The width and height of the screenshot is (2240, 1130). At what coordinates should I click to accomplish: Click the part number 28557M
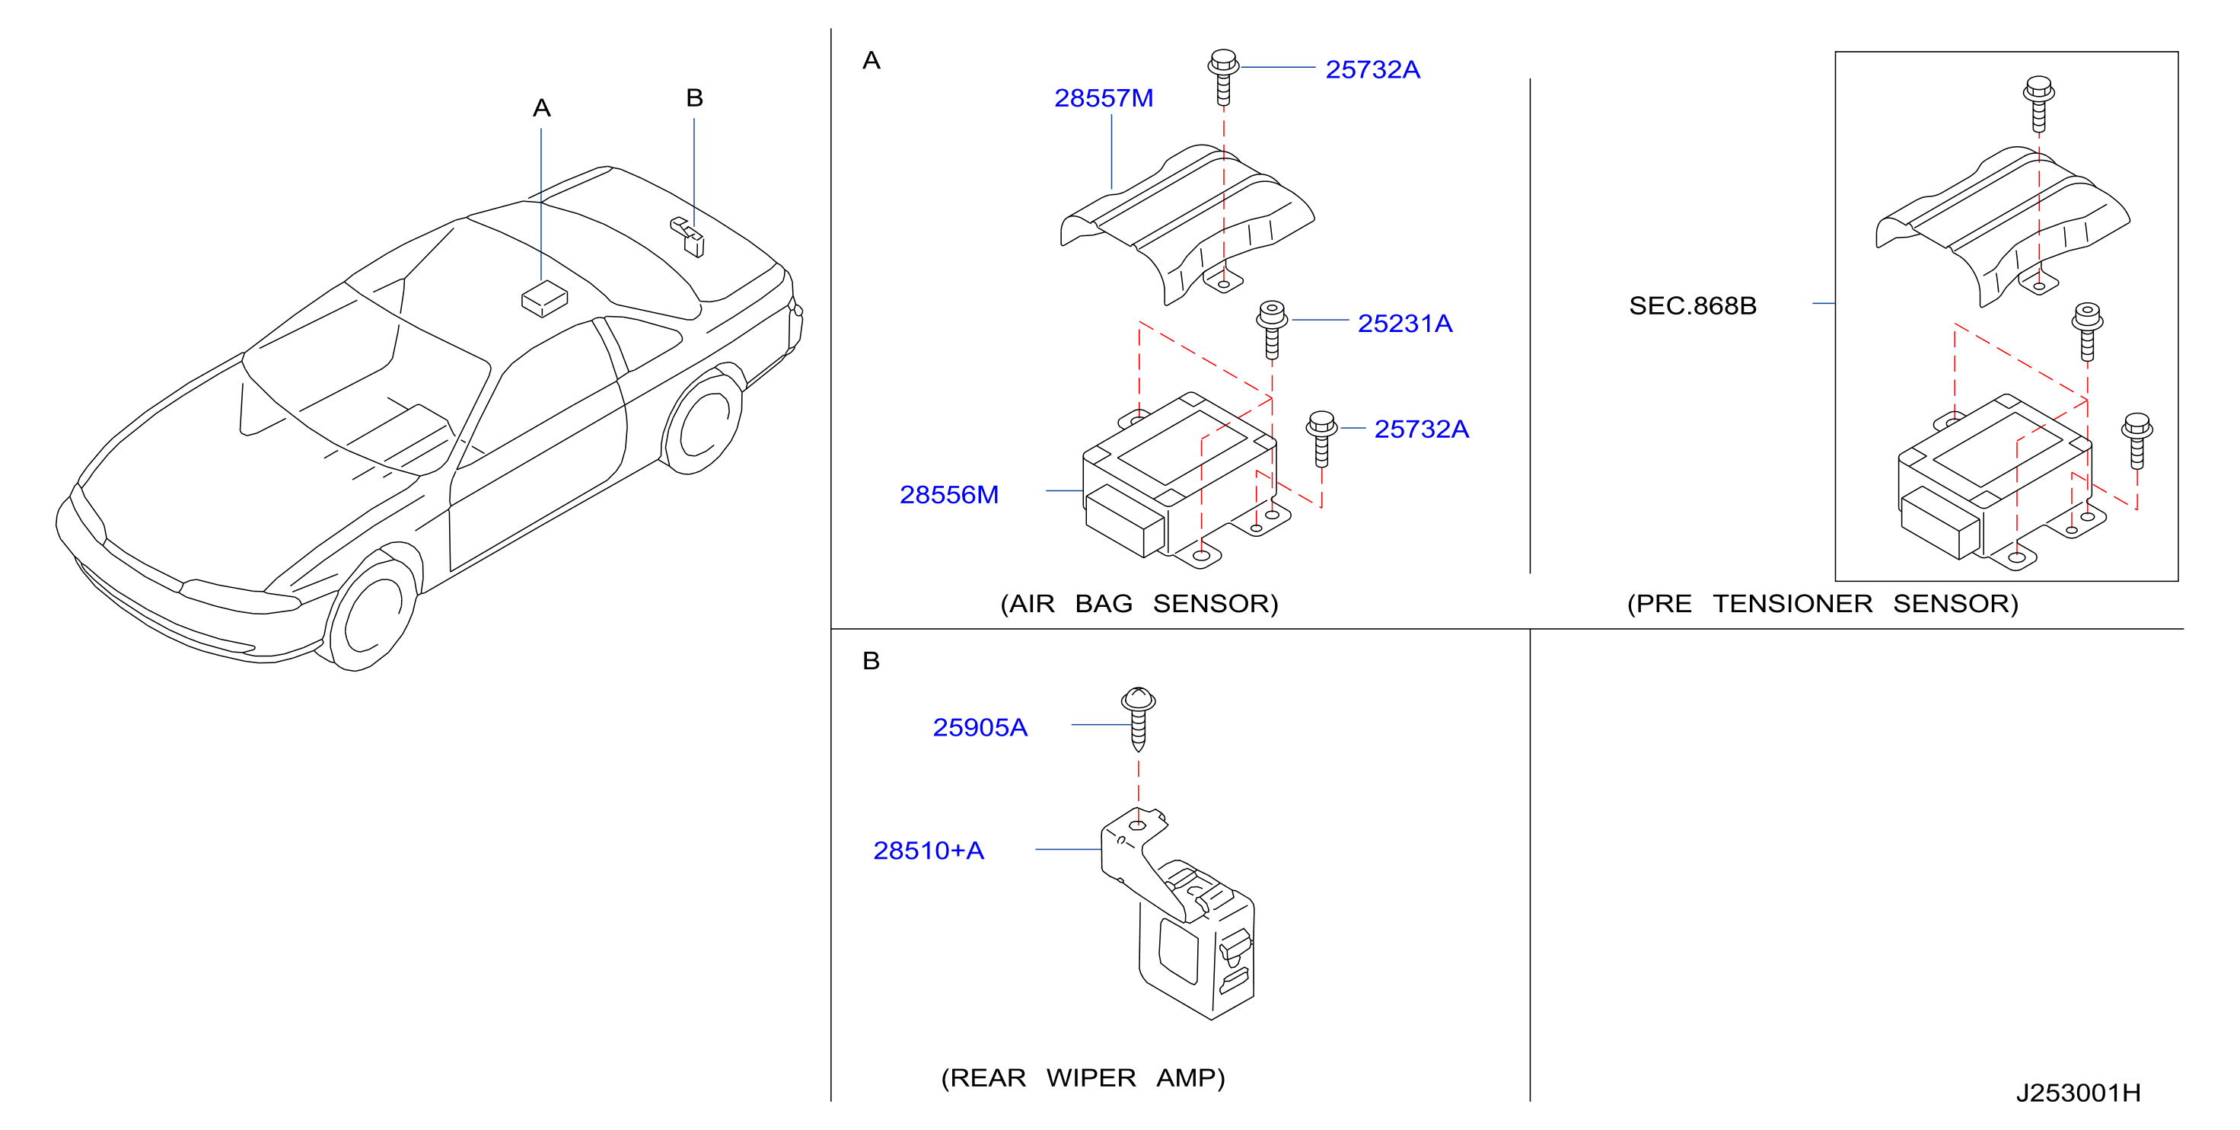[1104, 98]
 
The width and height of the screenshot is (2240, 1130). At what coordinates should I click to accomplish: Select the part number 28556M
[948, 495]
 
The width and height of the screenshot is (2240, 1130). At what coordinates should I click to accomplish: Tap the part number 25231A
[1405, 324]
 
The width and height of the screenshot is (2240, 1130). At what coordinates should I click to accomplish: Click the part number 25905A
[980, 727]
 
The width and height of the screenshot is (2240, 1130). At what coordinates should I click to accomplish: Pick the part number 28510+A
[929, 851]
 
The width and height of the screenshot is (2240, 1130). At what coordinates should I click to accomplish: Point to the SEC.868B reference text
[1692, 306]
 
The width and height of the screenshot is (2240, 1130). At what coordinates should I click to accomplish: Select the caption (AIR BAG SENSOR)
[1139, 604]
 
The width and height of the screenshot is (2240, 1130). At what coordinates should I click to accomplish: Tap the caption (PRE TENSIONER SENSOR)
[1823, 604]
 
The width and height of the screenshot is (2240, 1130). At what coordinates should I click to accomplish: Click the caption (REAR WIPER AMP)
[1082, 1077]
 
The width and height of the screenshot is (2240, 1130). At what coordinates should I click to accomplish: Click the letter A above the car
[542, 109]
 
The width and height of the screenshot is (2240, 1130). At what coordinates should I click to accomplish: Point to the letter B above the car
[694, 97]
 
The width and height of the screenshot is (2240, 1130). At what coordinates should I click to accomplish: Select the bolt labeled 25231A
[1271, 330]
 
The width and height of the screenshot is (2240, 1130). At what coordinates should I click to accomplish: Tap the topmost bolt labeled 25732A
[1223, 78]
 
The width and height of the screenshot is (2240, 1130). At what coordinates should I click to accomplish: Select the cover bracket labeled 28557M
[1187, 224]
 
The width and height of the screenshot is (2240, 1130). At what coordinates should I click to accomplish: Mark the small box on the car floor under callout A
[544, 298]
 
